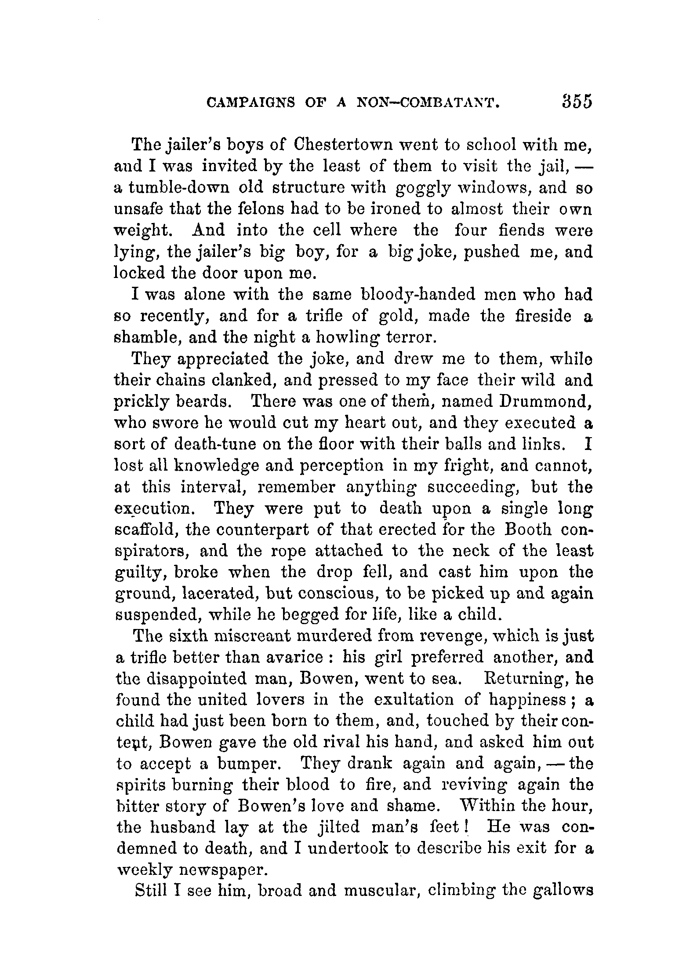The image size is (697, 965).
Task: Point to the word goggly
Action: point(423,188)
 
